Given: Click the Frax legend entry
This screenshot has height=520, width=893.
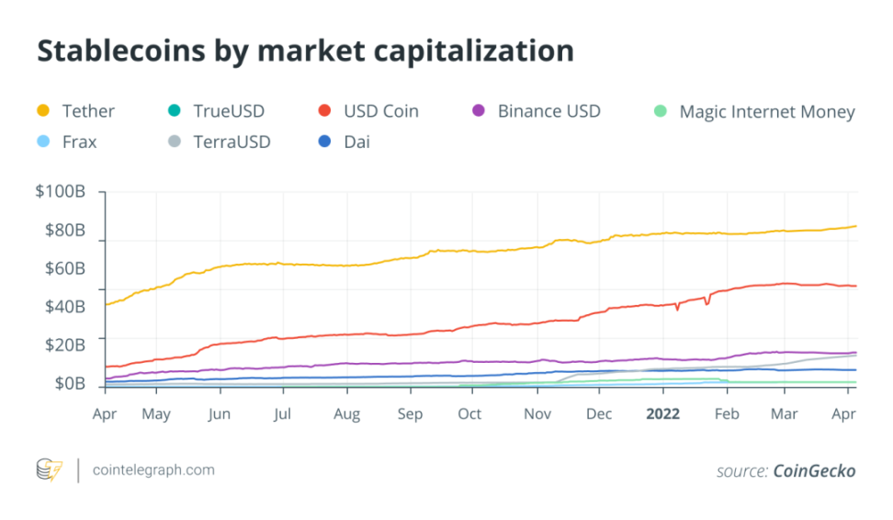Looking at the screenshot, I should [x=79, y=142].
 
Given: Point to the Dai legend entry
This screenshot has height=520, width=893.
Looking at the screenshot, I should [x=357, y=142].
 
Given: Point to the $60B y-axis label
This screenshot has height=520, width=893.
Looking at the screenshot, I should [x=64, y=268].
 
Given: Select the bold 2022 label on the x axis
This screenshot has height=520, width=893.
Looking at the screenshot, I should [x=662, y=414].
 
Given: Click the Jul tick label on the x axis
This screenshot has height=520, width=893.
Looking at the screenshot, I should [x=282, y=414].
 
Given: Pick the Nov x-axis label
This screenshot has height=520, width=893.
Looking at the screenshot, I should [x=537, y=414].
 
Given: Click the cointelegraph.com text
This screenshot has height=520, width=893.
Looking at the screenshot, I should [x=153, y=470].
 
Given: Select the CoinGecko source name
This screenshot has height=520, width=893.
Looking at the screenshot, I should [x=814, y=471].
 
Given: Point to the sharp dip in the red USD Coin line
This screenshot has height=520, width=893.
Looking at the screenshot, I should [x=678, y=309].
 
